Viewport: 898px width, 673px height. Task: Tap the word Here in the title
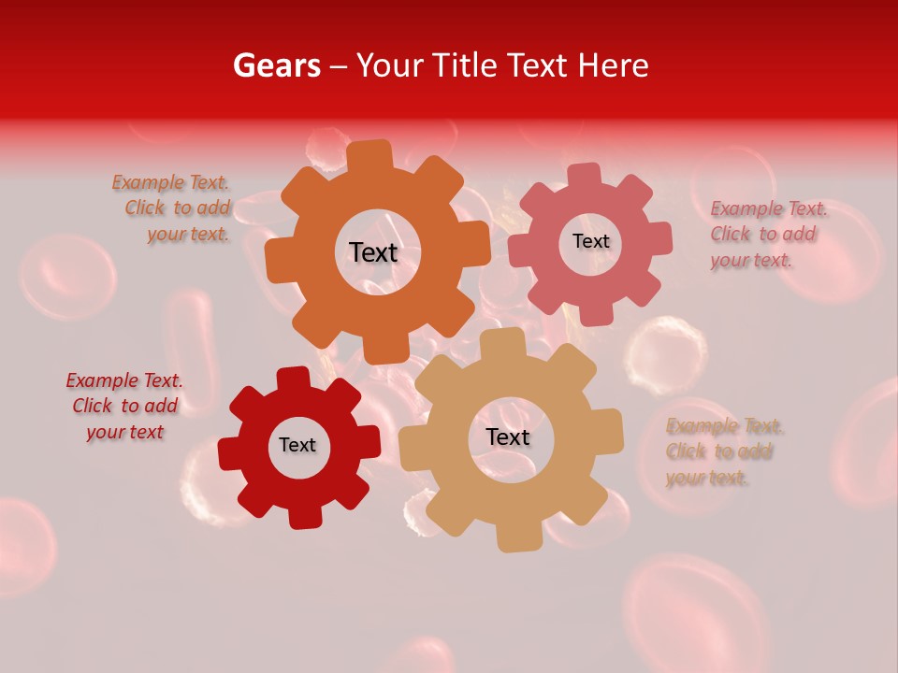click(613, 65)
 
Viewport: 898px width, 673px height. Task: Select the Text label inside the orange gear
click(373, 252)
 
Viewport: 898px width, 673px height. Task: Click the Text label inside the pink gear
click(590, 241)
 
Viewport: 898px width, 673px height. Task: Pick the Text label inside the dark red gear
click(297, 445)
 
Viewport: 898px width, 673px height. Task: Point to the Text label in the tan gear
click(508, 437)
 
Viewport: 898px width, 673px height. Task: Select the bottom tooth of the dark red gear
click(304, 515)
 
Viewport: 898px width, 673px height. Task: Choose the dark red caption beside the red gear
click(124, 407)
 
